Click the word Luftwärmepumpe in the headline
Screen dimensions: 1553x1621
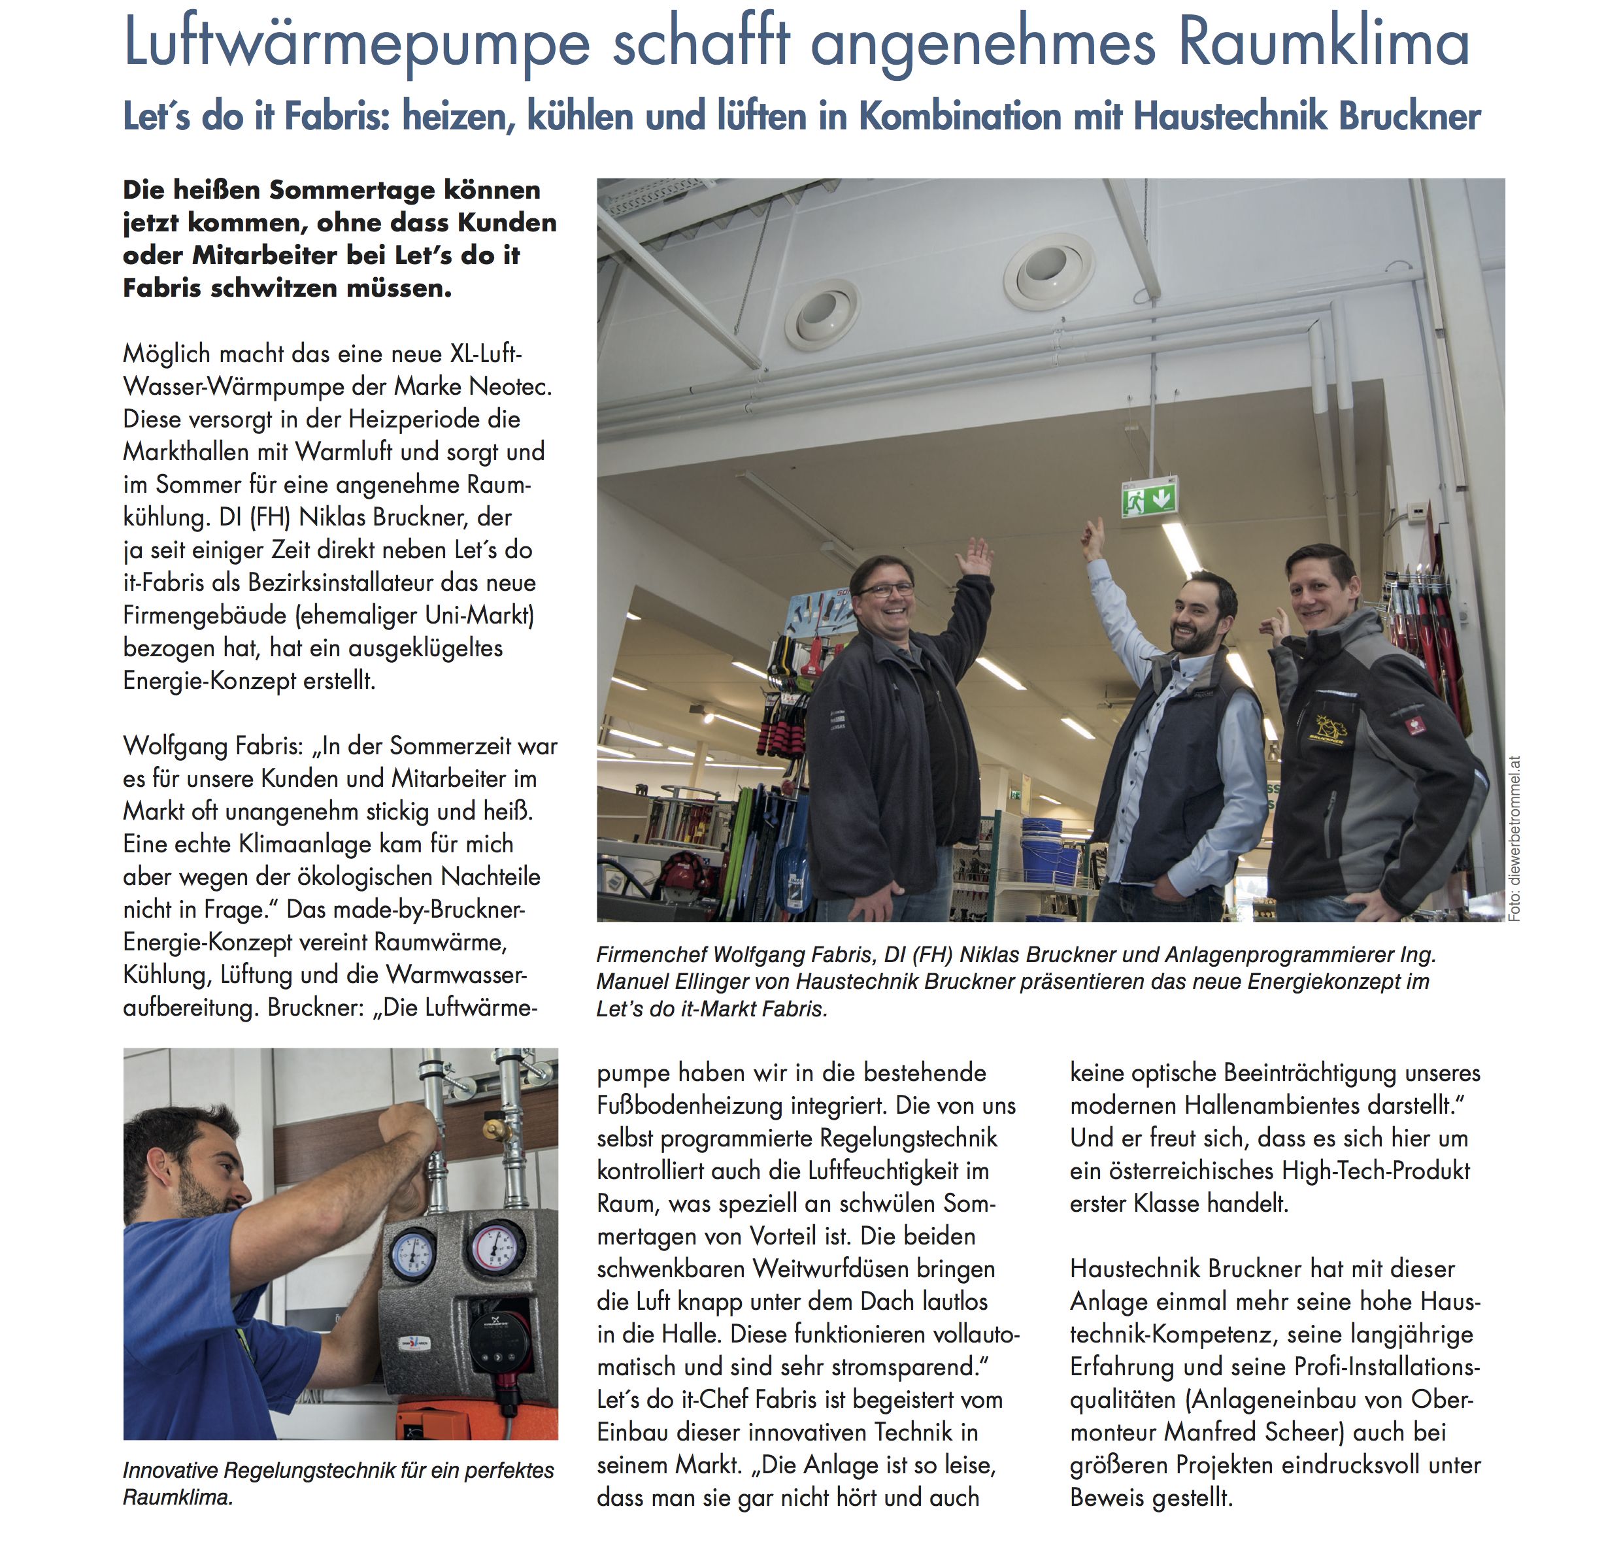356,43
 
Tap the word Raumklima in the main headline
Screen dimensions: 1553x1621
1323,43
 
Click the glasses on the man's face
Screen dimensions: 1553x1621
886,590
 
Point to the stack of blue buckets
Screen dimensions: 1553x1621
1048,851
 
